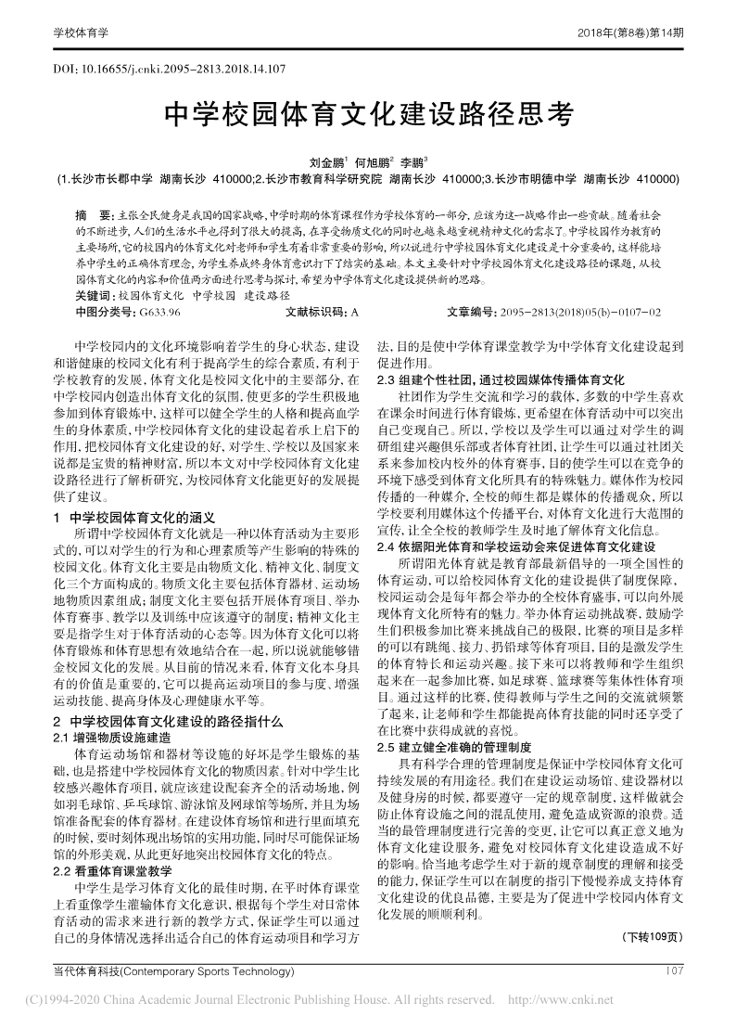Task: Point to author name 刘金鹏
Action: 327,161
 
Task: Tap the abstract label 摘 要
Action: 92,212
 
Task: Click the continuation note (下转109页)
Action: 652,934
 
